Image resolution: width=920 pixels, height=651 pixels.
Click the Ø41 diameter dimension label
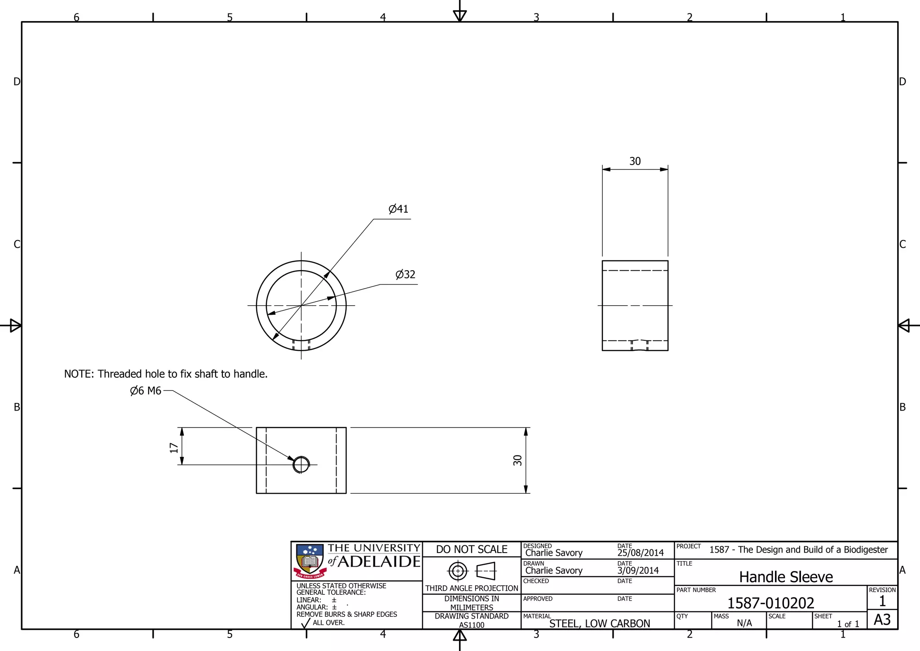[398, 209]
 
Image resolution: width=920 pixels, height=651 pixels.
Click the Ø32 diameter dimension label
[405, 275]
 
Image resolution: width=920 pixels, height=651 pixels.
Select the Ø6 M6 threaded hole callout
[146, 391]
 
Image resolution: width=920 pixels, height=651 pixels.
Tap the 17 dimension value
[174, 448]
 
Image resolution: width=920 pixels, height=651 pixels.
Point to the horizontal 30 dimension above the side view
[635, 161]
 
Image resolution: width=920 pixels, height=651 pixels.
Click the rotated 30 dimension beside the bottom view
[517, 460]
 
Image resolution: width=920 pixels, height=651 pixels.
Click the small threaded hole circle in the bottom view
[301, 465]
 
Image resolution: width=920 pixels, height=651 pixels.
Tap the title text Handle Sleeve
[786, 577]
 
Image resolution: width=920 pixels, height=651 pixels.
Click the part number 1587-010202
[770, 603]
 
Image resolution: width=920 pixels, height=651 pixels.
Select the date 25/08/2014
[640, 553]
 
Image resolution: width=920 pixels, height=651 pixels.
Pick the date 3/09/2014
[637, 571]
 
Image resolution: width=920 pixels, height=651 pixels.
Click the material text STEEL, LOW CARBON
[599, 624]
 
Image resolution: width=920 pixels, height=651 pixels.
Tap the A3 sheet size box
[882, 620]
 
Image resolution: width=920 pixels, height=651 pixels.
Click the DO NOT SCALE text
[471, 549]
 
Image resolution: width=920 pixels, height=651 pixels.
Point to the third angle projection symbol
[471, 571]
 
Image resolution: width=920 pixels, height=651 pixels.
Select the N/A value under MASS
[744, 623]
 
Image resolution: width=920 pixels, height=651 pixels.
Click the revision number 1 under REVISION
[882, 601]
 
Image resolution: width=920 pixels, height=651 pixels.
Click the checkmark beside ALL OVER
[305, 623]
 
